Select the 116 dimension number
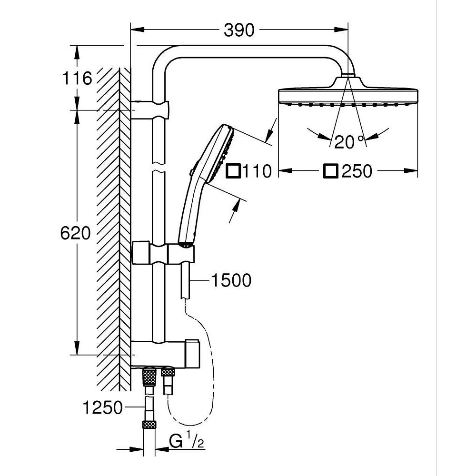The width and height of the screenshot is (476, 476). pyautogui.click(x=76, y=78)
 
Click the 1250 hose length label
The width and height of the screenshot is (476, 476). pyautogui.click(x=102, y=408)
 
